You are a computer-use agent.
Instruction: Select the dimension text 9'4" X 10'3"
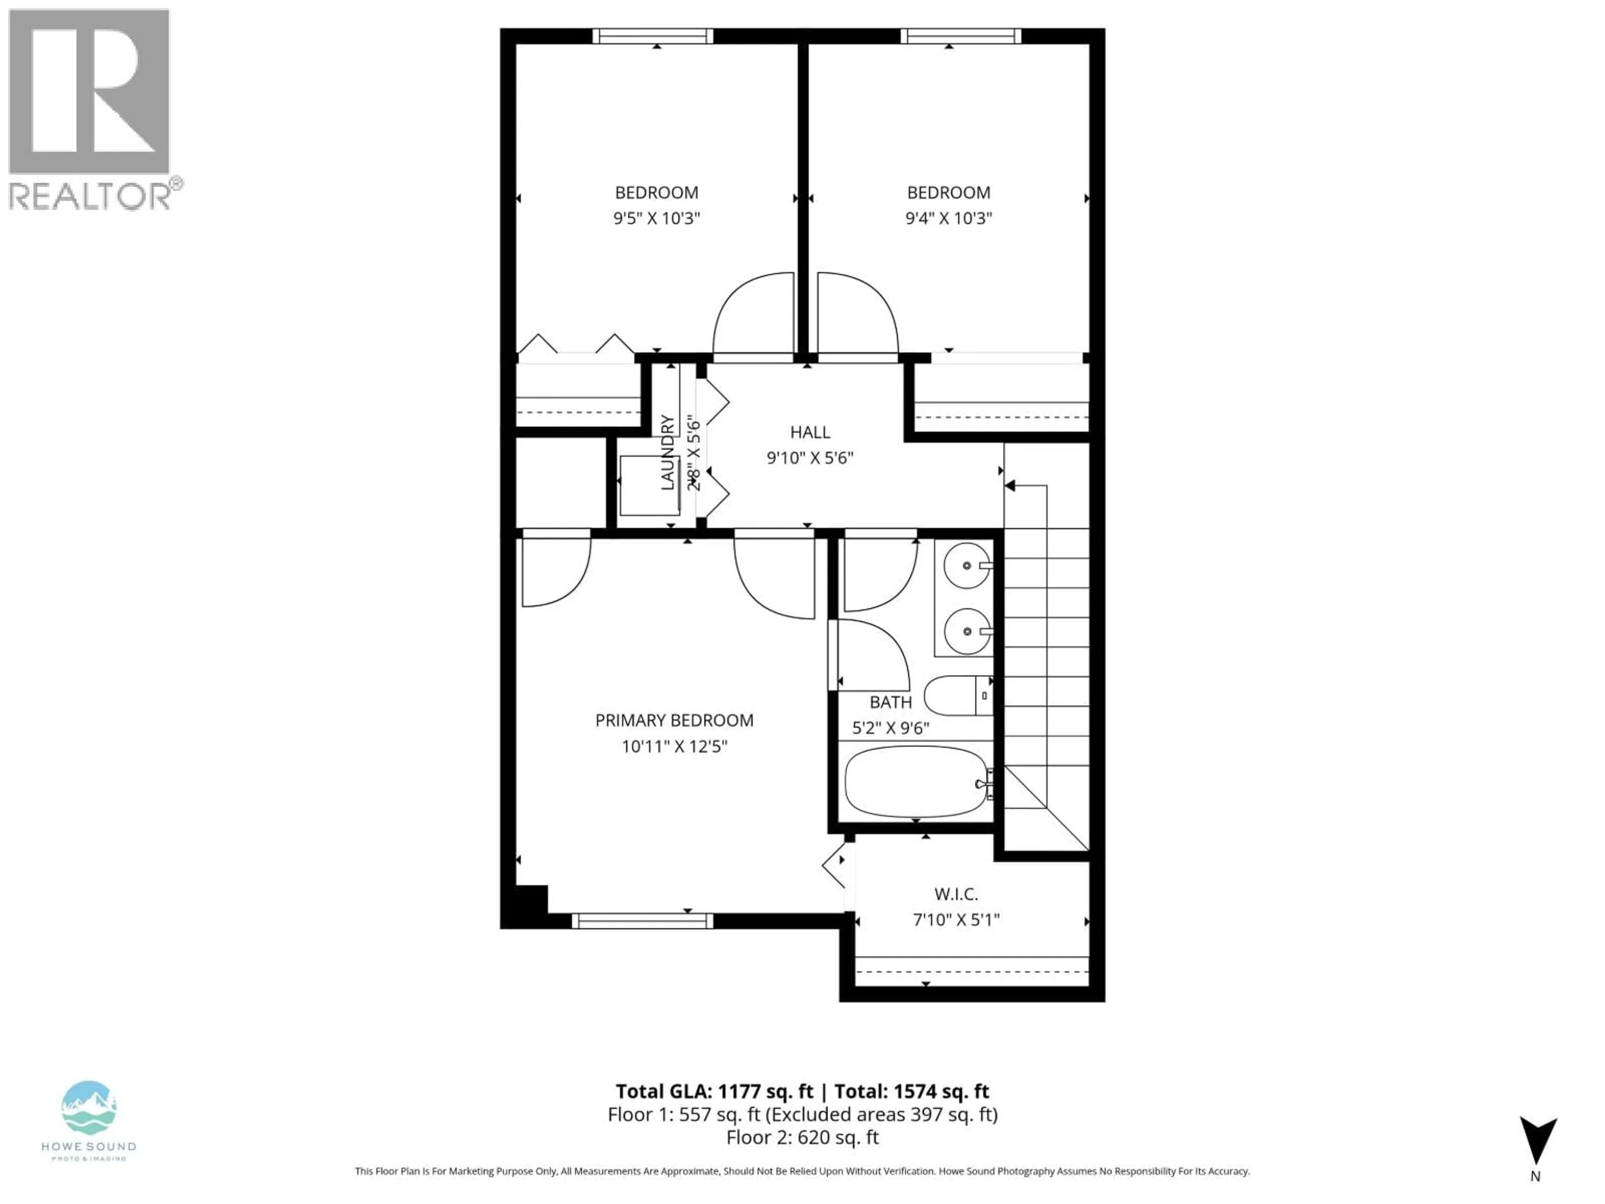coord(948,219)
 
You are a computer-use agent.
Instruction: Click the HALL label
coord(810,433)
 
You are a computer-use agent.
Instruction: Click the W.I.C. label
coord(955,894)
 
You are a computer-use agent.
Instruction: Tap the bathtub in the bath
coord(916,782)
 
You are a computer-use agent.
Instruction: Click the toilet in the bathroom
coord(956,695)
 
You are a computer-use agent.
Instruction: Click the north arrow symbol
coord(1538,1141)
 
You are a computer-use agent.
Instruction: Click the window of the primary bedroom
coord(642,921)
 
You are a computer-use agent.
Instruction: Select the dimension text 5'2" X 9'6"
coord(890,728)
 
